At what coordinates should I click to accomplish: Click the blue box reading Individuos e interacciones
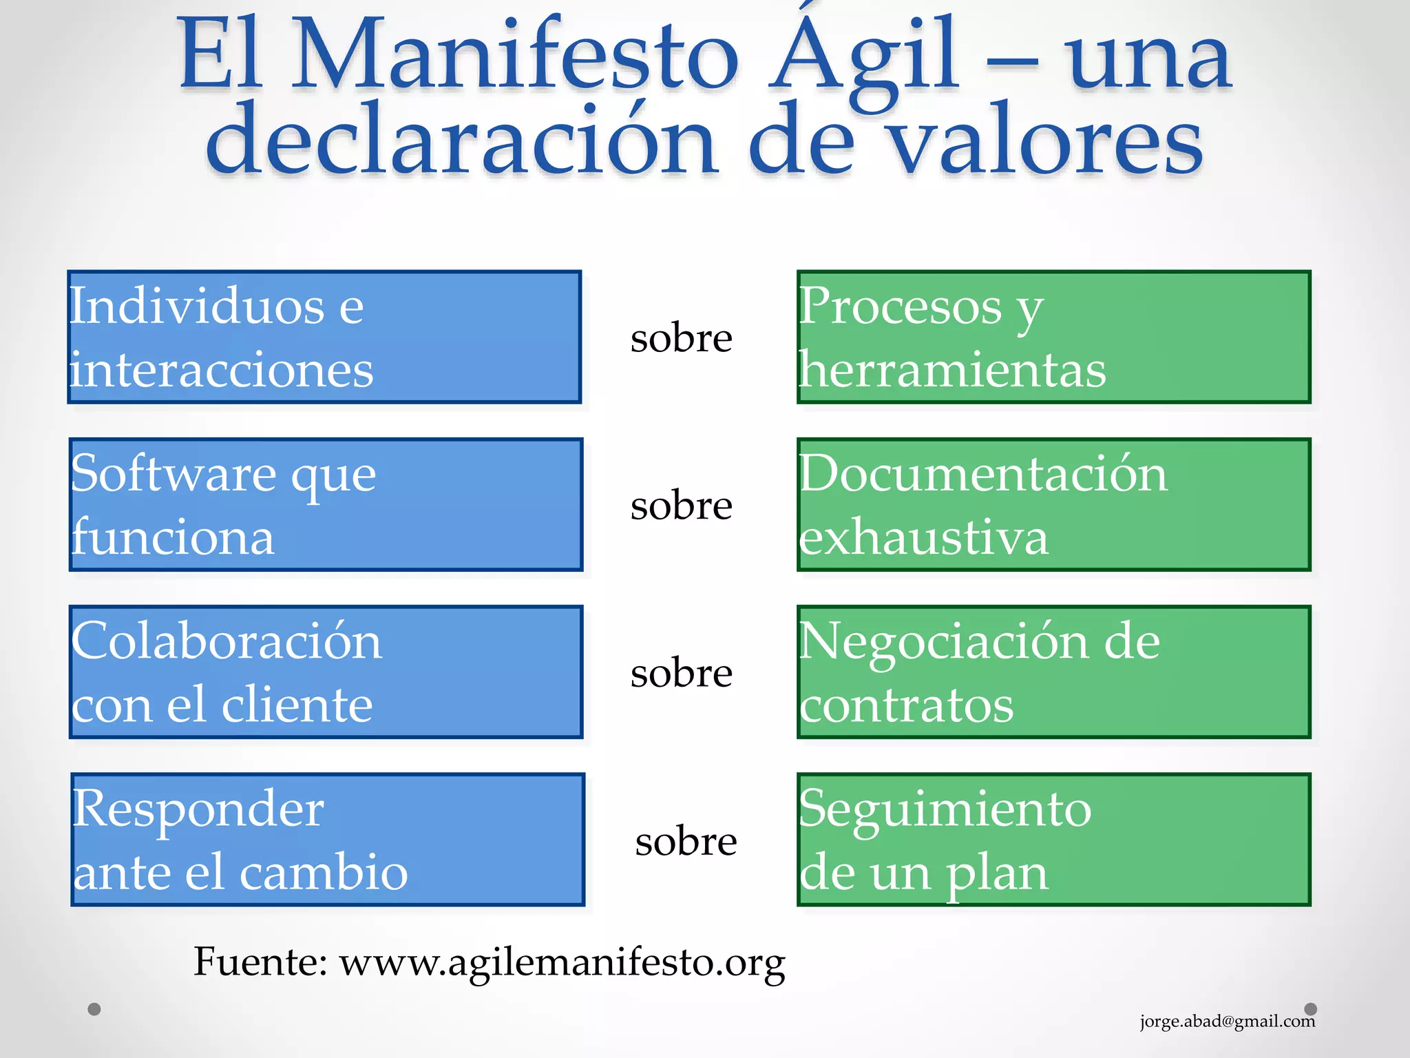324,337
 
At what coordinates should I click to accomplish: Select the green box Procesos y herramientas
1053,337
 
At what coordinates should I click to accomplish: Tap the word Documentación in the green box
983,474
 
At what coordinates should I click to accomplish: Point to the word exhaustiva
923,537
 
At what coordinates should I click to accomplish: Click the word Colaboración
227,641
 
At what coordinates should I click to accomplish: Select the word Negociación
943,641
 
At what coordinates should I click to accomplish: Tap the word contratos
906,705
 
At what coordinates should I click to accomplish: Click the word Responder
198,809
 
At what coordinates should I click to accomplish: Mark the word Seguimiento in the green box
945,809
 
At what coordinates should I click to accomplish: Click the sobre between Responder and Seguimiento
686,841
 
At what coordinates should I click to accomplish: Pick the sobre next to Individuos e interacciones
681,338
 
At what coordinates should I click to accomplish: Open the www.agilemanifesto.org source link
562,962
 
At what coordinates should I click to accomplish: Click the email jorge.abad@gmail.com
1227,1021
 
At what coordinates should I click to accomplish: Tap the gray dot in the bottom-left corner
94,1009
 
